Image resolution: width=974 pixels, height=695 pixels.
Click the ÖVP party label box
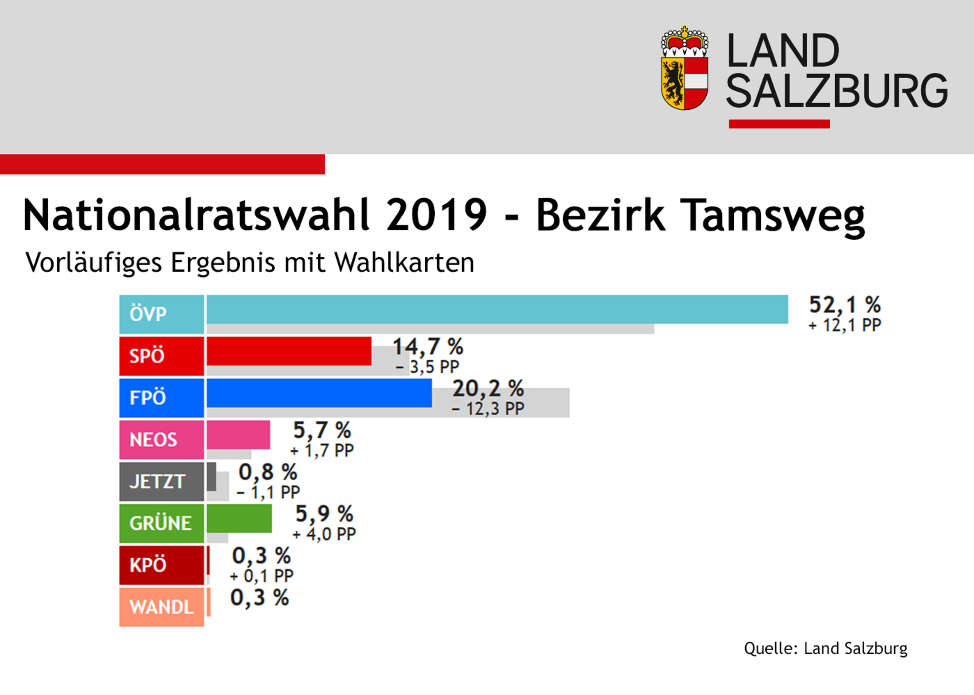click(161, 314)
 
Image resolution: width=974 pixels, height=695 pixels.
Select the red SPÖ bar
click(289, 351)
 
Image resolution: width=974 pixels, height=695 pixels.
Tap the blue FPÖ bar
click(319, 393)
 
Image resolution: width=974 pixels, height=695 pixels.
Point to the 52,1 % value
click(845, 305)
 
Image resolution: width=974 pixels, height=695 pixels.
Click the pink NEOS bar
click(238, 435)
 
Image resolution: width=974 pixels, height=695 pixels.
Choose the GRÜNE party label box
click(161, 523)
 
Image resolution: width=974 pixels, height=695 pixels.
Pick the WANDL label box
click(161, 607)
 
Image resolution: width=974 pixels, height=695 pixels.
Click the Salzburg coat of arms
click(684, 69)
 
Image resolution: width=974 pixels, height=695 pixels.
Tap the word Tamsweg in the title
click(772, 215)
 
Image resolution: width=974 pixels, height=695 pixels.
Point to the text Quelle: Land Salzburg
click(826, 648)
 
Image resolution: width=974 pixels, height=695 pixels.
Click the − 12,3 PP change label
click(488, 409)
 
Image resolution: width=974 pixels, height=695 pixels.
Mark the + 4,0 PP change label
click(324, 534)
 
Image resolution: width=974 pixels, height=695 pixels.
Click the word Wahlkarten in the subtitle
click(404, 262)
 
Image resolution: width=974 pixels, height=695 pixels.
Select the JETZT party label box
click(161, 481)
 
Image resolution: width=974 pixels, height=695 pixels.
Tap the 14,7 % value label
click(428, 347)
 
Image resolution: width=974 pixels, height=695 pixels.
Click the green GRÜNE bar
click(239, 518)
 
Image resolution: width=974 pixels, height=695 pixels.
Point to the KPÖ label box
click(161, 565)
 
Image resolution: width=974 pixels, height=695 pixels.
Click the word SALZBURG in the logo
click(837, 91)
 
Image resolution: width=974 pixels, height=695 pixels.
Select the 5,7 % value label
click(322, 430)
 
